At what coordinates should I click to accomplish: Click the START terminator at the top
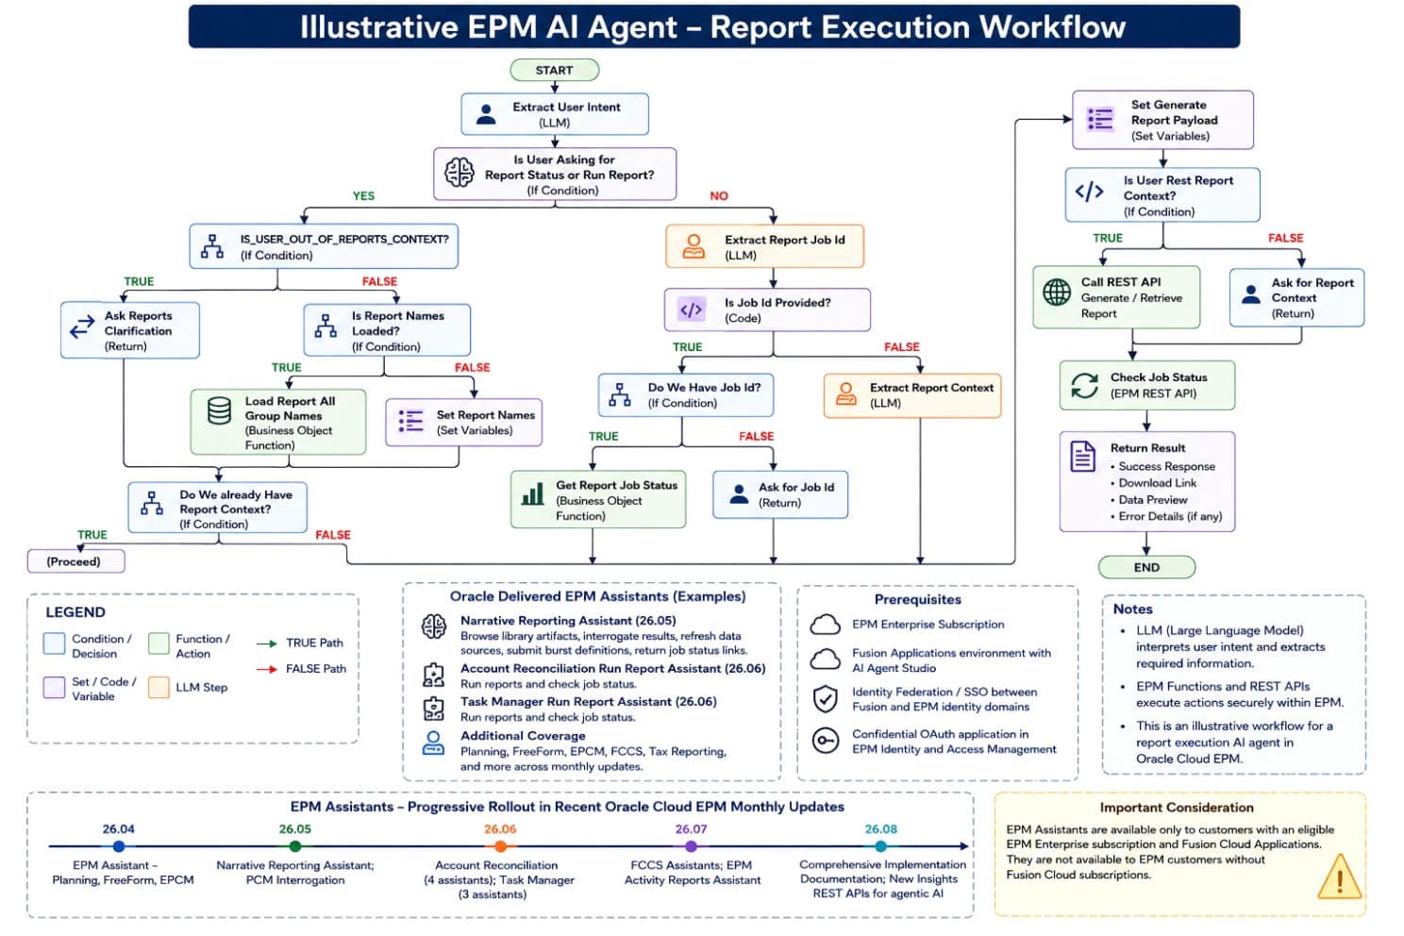(554, 70)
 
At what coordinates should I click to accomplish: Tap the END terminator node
(1146, 567)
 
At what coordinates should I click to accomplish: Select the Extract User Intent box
(555, 114)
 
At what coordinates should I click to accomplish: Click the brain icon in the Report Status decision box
(459, 173)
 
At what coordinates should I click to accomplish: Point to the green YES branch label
(363, 196)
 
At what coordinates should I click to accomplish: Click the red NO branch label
(719, 196)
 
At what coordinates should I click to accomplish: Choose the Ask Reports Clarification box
(130, 330)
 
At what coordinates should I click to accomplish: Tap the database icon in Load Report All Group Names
(219, 411)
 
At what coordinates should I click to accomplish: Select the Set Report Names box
(464, 423)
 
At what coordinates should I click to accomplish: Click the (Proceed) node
(75, 561)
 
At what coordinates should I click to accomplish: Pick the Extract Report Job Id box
(764, 246)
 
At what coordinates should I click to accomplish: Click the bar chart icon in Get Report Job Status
(533, 493)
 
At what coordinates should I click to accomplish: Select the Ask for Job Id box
(780, 494)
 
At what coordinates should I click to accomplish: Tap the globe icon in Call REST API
(1057, 292)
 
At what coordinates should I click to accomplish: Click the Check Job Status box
(1147, 386)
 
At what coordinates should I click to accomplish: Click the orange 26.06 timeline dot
(500, 846)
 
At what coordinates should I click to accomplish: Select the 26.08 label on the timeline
(880, 828)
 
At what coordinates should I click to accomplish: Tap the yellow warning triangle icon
(1339, 877)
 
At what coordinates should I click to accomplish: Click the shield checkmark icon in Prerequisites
(825, 698)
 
